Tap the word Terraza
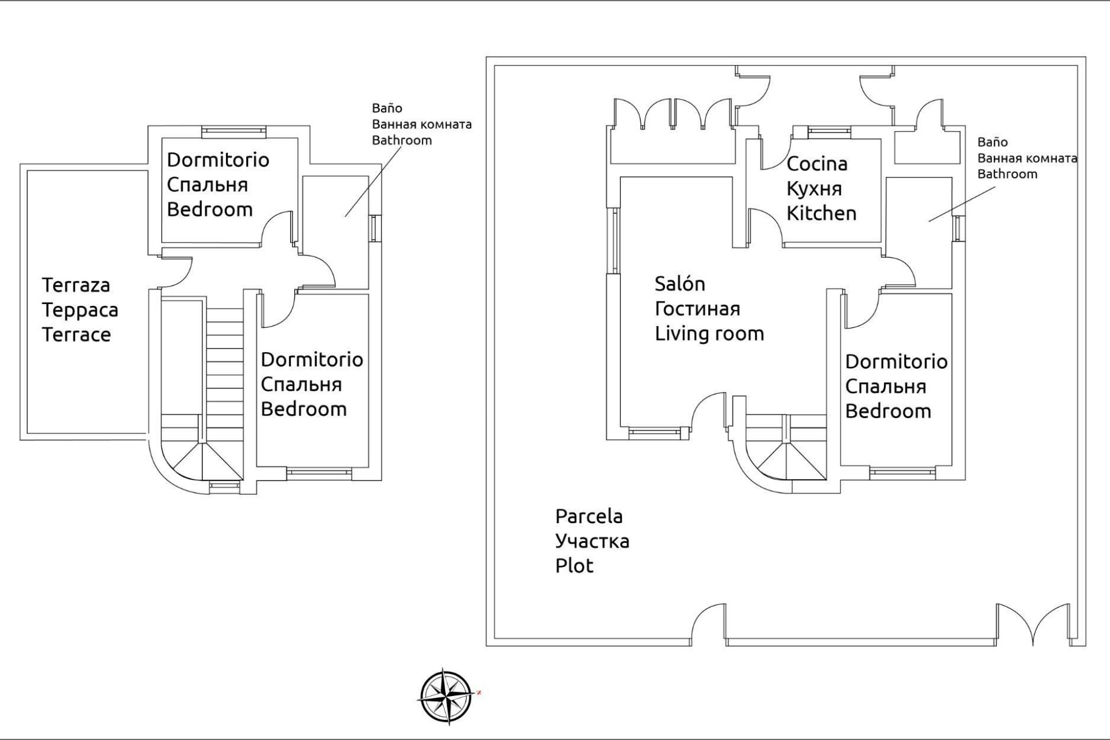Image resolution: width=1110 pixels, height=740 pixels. click(76, 285)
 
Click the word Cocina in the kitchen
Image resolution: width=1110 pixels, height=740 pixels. click(817, 164)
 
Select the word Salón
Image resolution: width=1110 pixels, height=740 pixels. click(680, 284)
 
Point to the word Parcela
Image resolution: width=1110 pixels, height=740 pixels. click(589, 516)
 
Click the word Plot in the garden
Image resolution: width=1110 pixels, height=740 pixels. click(574, 566)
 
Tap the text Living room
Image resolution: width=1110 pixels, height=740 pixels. click(709, 334)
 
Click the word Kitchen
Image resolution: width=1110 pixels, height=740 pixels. click(822, 214)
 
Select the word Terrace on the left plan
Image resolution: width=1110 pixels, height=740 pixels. click(76, 335)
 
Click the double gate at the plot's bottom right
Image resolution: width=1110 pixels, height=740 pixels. click(1033, 625)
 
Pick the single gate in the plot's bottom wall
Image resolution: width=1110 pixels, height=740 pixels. click(709, 621)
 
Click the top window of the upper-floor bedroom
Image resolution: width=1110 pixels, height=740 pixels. click(234, 132)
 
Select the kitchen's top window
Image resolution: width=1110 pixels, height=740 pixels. click(828, 132)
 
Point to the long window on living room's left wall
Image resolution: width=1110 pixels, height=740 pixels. click(614, 240)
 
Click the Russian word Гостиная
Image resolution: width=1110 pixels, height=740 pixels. click(697, 309)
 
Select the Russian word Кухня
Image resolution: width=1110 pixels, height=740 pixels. click(814, 189)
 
